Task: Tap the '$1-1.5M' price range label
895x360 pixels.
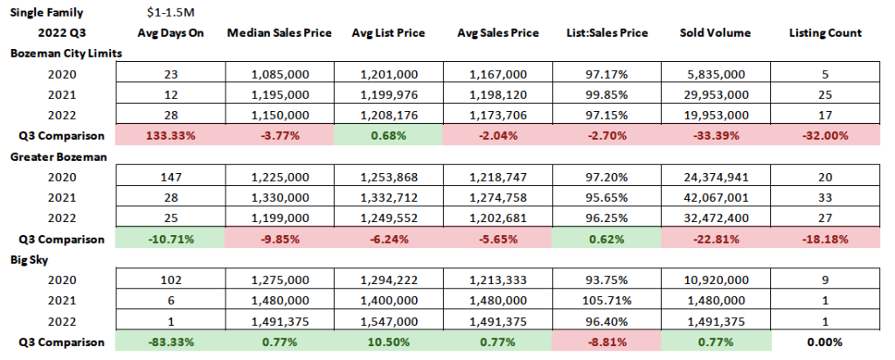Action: (171, 12)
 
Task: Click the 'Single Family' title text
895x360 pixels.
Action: (45, 12)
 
